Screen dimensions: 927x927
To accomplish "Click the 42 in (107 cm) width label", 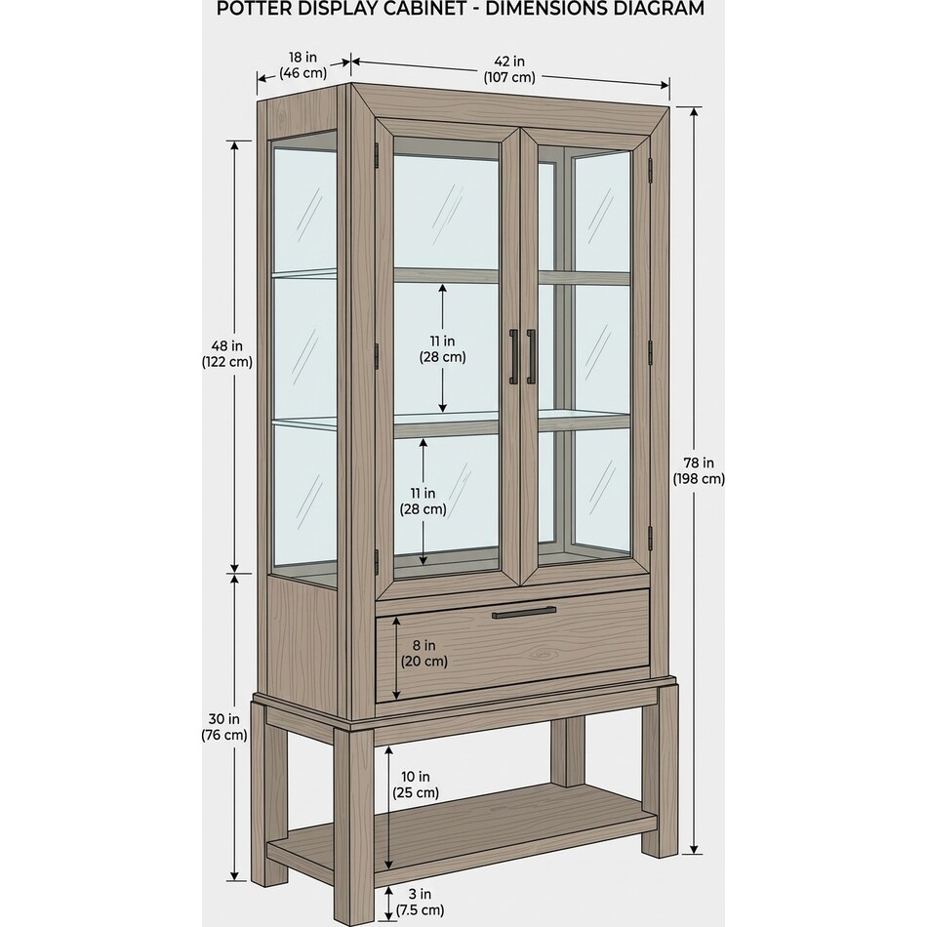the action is coord(509,69).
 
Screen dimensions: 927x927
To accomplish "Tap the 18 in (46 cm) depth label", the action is coord(302,65).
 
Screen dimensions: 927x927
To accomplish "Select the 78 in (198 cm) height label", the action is coord(699,470).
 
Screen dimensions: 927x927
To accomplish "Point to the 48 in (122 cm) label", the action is coord(227,353).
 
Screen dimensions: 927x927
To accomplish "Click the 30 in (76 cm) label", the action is coord(224,727).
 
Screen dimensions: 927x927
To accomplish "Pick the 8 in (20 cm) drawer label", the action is coord(423,653).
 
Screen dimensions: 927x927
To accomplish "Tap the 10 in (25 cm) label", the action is coord(416,784).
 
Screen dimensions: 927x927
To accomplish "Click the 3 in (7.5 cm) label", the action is coord(420,902).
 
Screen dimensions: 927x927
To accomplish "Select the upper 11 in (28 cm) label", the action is coord(443,348).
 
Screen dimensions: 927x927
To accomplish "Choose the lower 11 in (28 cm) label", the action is coord(423,501).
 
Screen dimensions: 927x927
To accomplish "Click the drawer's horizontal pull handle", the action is coord(524,612).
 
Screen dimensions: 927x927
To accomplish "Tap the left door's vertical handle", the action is coord(513,357).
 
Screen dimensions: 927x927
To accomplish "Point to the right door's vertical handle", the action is coord(531,356).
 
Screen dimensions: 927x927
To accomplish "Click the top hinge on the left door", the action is coord(376,155).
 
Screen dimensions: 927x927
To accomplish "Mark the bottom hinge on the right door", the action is coord(650,538).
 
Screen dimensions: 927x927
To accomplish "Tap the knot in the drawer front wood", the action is coord(545,653).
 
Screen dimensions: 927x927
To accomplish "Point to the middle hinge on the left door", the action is coord(376,355).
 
